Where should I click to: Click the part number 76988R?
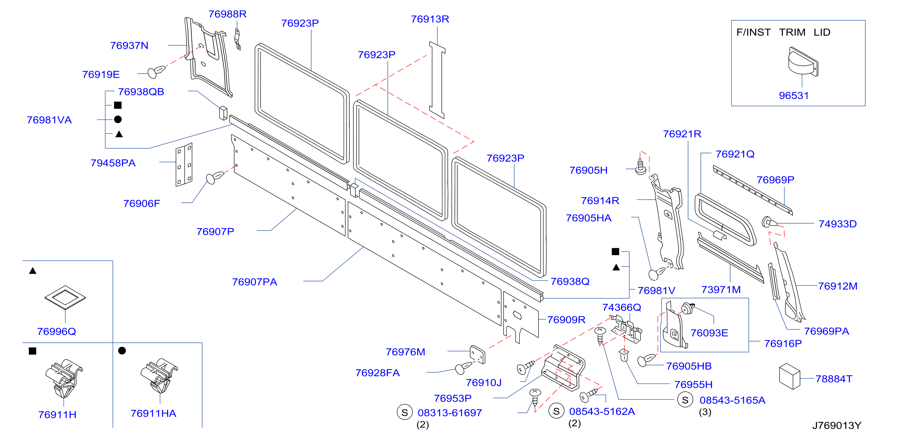click(x=227, y=14)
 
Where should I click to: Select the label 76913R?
click(x=430, y=19)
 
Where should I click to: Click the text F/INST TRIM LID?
click(x=783, y=33)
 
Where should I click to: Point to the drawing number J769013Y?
click(x=836, y=425)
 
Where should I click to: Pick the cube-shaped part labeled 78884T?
click(x=789, y=376)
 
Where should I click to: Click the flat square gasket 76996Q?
click(x=65, y=297)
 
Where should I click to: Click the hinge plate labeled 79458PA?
click(x=184, y=164)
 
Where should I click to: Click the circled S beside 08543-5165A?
click(x=685, y=400)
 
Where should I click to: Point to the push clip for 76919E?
click(x=156, y=71)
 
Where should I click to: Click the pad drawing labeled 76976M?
click(x=477, y=354)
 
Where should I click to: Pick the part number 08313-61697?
click(x=450, y=413)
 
